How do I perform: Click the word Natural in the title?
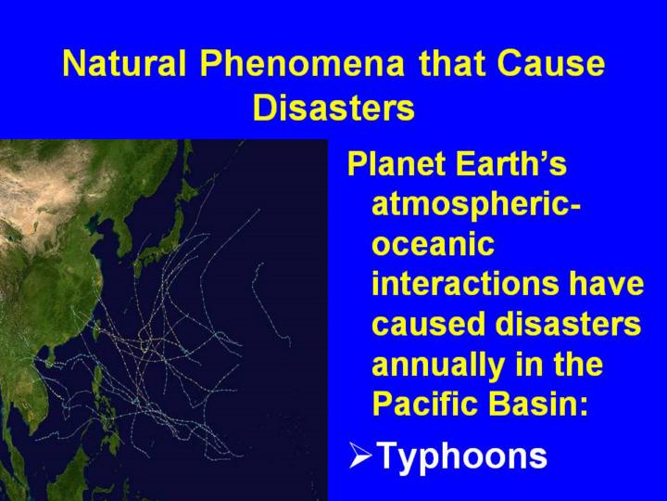pos(124,63)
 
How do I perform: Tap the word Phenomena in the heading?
pos(302,63)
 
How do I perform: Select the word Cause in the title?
pos(550,63)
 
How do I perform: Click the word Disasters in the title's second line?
pos(333,107)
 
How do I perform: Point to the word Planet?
pos(397,163)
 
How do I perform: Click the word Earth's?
pos(511,163)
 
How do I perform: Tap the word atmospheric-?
pos(476,206)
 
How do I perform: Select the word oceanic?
pos(433,244)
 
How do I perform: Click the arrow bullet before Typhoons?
pos(360,455)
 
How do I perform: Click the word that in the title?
pos(450,63)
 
